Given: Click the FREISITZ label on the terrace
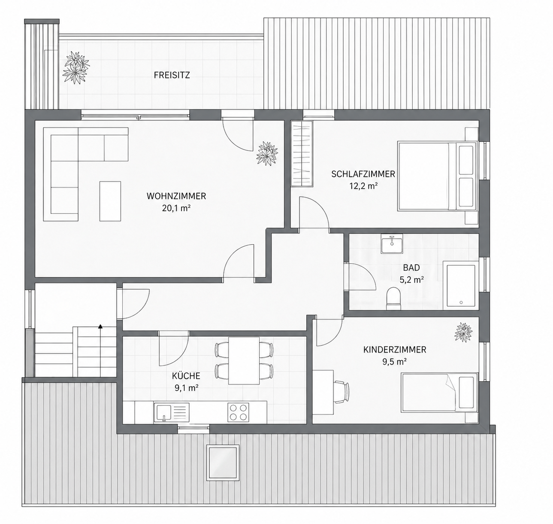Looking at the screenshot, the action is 172,75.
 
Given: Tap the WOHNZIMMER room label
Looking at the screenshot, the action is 176,196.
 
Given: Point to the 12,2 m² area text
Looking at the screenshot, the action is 363,186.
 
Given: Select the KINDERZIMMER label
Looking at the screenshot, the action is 395,350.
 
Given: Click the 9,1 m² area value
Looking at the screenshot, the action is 187,388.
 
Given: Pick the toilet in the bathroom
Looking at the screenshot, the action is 393,299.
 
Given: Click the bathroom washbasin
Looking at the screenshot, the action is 392,244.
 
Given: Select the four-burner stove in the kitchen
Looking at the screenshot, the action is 238,412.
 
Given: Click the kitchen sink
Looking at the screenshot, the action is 172,412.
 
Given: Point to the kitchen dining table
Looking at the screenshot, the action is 244,361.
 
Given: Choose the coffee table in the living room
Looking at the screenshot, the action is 110,201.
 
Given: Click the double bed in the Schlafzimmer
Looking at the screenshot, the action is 438,176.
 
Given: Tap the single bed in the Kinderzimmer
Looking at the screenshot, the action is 439,393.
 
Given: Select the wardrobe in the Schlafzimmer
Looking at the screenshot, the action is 302,153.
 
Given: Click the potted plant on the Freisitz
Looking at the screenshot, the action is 76,67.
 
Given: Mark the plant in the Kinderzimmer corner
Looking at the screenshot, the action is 463,332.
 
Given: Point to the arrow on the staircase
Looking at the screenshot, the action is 100,327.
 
